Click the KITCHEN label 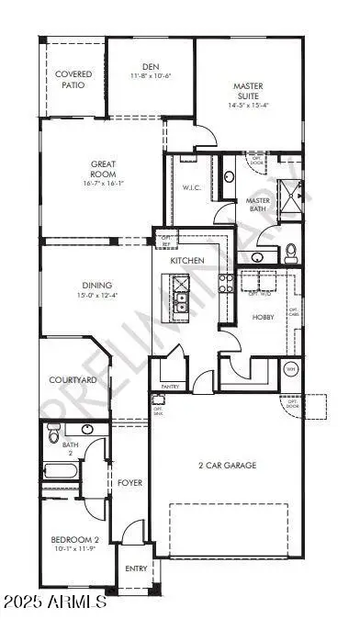[187, 262]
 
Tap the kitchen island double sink [183, 298]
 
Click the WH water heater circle [292, 369]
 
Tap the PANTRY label [170, 388]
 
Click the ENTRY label [136, 569]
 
